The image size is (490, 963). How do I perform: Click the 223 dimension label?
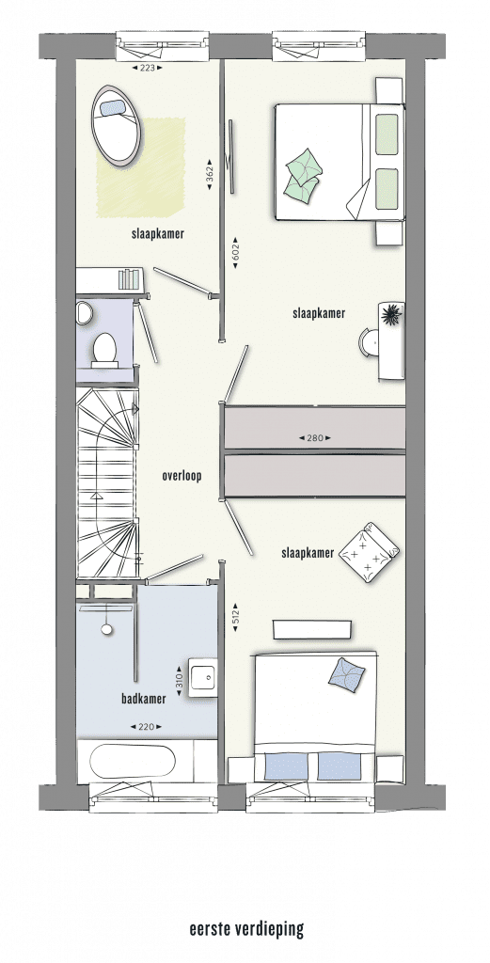point(148,68)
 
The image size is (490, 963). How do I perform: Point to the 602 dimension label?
point(236,252)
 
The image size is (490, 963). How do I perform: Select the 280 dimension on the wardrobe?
point(315,438)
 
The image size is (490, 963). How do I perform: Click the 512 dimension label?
point(236,617)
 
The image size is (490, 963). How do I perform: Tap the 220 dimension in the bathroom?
point(146,727)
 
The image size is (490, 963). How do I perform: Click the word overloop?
point(182,475)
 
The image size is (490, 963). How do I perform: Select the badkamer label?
point(144,699)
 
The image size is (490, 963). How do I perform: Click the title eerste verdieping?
point(246,929)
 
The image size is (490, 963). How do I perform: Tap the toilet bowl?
point(104,349)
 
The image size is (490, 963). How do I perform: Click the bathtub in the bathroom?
point(133,762)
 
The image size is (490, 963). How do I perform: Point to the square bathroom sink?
point(202,678)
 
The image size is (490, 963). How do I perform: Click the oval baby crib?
point(117,124)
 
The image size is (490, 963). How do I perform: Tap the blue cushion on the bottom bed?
point(346,674)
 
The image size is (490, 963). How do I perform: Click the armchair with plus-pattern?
point(369,551)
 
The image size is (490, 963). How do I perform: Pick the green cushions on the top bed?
point(304,173)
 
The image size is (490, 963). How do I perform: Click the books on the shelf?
point(128,278)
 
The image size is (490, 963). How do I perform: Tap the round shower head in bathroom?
point(107,629)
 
